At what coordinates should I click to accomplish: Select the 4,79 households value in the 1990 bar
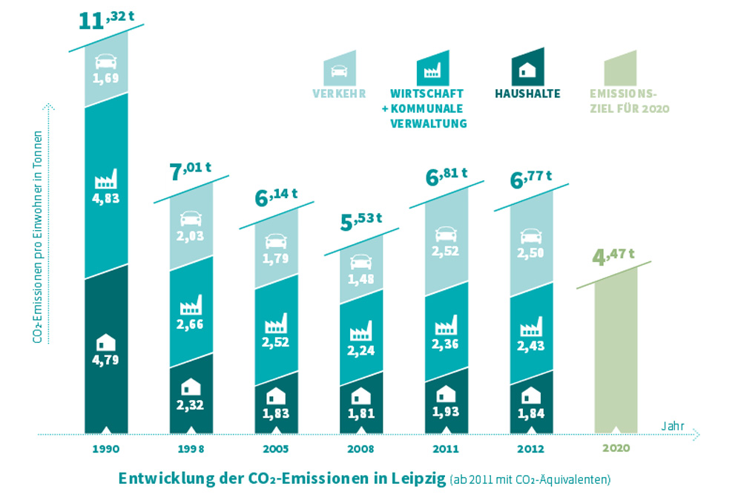[106, 361]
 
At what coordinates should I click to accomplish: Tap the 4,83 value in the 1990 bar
[106, 198]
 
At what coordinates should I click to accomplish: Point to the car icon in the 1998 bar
[191, 219]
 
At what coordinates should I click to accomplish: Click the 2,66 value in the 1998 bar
[191, 324]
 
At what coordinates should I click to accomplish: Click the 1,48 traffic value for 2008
[360, 278]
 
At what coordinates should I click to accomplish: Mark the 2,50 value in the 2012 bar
[530, 254]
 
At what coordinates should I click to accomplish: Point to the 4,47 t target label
[613, 257]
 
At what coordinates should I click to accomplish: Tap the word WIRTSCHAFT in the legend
[427, 94]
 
